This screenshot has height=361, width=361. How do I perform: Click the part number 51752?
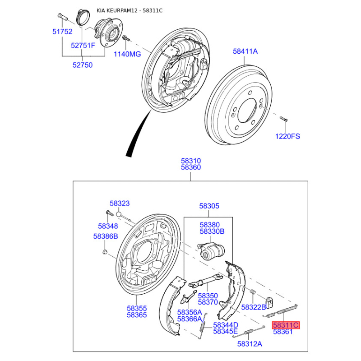[62, 32]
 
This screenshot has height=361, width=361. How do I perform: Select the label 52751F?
[83, 46]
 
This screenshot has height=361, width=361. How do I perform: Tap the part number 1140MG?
[127, 54]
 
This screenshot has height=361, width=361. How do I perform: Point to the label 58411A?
[245, 51]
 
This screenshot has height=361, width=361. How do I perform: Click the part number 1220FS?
[287, 136]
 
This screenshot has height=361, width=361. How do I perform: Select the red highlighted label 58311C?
[286, 325]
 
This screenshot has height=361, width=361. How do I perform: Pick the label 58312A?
[250, 344]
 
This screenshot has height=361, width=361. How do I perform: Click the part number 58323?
[120, 204]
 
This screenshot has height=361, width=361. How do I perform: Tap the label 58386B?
[106, 236]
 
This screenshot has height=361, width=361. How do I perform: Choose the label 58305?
[209, 206]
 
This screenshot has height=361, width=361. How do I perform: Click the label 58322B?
[254, 307]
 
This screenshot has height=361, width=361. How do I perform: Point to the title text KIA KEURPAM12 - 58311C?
[130, 10]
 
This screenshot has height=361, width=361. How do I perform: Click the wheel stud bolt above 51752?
[61, 17]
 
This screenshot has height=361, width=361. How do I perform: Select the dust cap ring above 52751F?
[83, 17]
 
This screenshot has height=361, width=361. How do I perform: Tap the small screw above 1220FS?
[284, 119]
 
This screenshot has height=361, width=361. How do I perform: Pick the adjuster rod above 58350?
[205, 281]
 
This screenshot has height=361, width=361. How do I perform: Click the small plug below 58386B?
[105, 251]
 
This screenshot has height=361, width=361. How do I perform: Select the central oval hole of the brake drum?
[247, 111]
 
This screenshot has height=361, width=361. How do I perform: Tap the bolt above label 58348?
[109, 213]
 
